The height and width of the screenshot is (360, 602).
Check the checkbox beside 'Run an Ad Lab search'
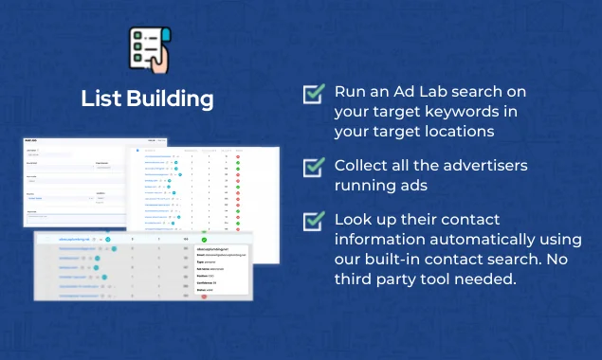click(314, 94)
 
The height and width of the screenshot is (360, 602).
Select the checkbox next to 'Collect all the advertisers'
click(314, 167)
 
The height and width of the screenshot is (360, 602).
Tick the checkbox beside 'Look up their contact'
click(314, 221)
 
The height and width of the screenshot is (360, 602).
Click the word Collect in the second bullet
click(361, 166)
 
